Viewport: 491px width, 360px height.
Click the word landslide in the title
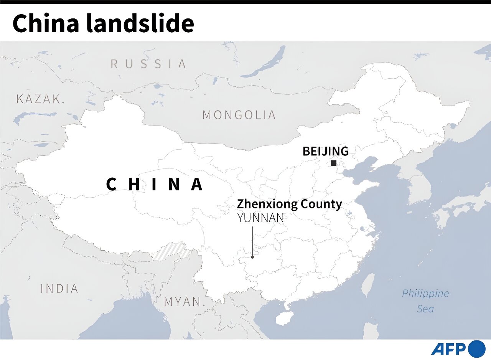coord(140,23)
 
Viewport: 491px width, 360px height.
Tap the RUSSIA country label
coord(148,64)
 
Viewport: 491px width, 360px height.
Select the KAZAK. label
coord(40,99)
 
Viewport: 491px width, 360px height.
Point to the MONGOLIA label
coord(239,115)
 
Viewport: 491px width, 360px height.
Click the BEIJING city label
coord(325,151)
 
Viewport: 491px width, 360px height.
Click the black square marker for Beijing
coord(334,163)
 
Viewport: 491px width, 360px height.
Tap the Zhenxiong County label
coord(289,204)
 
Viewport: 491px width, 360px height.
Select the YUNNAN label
coord(260,218)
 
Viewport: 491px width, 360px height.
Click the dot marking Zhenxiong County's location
coord(252,257)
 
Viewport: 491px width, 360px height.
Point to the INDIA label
coord(59,289)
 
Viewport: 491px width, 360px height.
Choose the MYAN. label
coord(183,302)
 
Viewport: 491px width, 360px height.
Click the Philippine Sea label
coord(425,301)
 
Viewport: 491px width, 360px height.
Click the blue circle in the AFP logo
coord(477,349)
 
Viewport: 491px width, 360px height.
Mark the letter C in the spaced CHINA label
coord(111,185)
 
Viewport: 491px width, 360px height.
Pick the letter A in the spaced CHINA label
coord(197,185)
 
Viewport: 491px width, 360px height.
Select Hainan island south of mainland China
coord(284,317)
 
